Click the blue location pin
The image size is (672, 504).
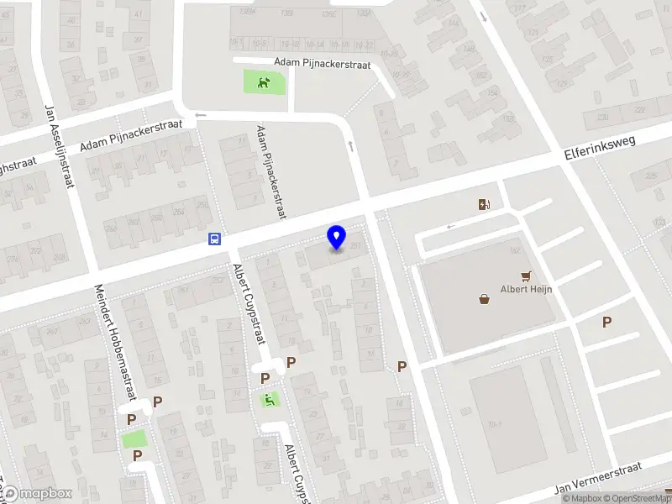[x=337, y=238]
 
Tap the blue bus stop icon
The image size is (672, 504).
[x=215, y=239]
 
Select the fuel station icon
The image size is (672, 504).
[x=485, y=204]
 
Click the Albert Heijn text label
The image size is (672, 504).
[x=525, y=291]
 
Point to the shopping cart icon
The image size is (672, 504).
[x=527, y=275]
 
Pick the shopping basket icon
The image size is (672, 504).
[x=485, y=298]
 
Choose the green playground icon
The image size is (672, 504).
[x=270, y=400]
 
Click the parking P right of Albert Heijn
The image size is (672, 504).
[x=606, y=322]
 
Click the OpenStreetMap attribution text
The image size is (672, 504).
[x=639, y=498]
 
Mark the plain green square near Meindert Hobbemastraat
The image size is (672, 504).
[x=134, y=438]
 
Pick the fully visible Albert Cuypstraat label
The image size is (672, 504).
[x=249, y=303]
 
